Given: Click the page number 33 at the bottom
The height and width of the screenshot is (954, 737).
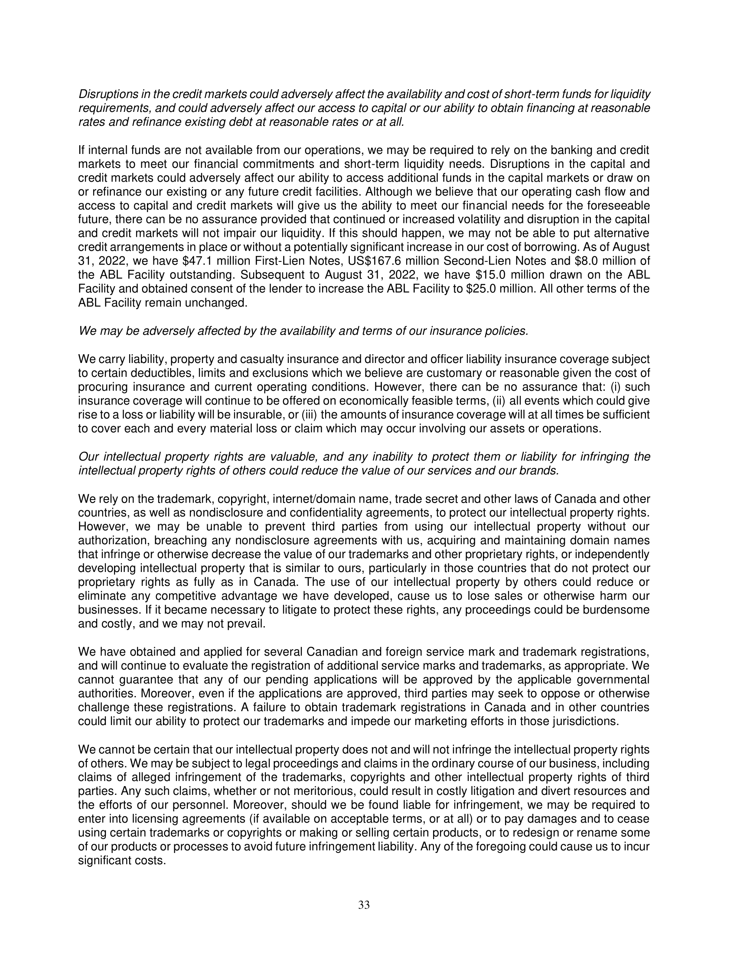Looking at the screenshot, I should click(364, 905).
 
